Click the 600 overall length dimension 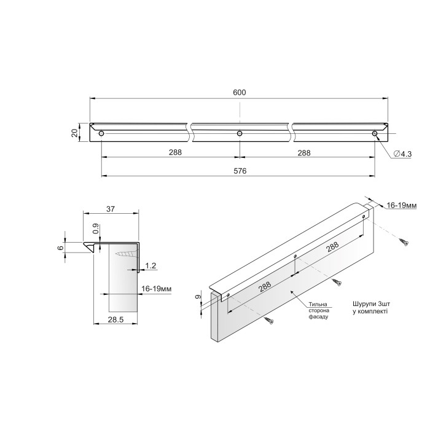(x=240, y=92)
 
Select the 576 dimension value (x=240, y=171)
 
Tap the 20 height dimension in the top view (x=74, y=133)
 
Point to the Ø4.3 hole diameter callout (x=402, y=154)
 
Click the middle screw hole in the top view (x=240, y=133)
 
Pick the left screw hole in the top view (x=101, y=133)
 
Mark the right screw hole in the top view (x=375, y=133)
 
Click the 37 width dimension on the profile (x=111, y=209)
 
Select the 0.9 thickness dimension (x=95, y=229)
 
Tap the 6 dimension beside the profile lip (x=61, y=248)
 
